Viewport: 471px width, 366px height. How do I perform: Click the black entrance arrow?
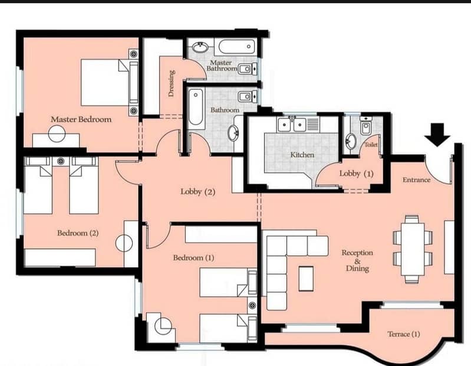(437, 135)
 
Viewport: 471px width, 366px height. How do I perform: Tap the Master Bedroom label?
(81, 119)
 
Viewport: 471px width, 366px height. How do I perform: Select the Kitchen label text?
(302, 155)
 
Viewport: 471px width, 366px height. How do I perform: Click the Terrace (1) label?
(403, 334)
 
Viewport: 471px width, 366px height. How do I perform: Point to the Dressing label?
(171, 83)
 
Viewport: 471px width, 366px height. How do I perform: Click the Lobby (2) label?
(197, 192)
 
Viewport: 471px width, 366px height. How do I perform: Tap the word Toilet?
(371, 145)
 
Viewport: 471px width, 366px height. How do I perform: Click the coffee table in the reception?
(306, 279)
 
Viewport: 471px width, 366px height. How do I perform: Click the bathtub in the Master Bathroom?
(237, 47)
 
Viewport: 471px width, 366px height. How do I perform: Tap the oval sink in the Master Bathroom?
(200, 47)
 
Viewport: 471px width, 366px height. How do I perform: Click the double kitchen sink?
(292, 125)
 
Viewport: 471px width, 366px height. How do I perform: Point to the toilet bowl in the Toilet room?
(365, 129)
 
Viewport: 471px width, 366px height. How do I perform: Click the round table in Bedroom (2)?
(124, 243)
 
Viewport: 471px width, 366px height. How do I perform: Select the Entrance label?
(416, 180)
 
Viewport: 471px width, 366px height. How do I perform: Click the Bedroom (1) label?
(193, 258)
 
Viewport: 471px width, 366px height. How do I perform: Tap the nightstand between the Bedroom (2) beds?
(61, 161)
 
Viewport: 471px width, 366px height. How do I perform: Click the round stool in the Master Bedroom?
(57, 133)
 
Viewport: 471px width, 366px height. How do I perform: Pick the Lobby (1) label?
(356, 174)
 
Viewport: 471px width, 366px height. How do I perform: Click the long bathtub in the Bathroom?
(196, 107)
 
